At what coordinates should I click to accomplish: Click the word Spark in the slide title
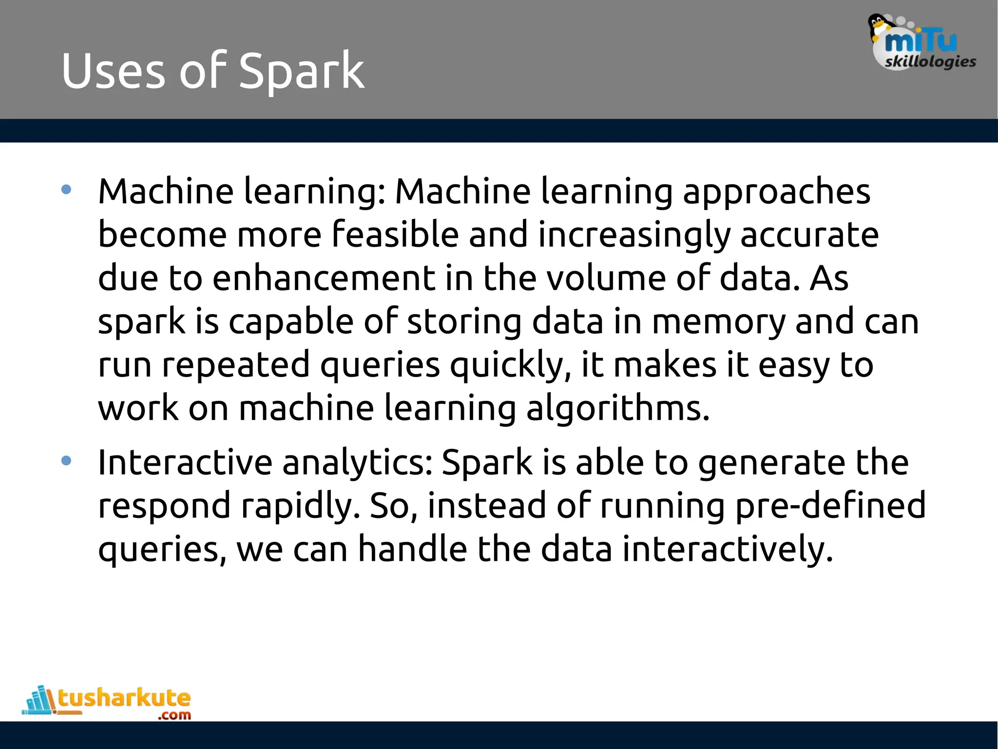301,72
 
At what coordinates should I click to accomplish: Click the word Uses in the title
113,72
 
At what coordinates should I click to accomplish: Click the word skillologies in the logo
930,62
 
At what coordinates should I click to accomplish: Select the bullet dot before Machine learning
67,190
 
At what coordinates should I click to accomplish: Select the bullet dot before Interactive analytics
67,460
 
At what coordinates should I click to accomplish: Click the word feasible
395,235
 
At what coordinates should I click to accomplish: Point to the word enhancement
324,278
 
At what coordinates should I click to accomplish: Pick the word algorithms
618,409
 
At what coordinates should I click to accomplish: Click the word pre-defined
830,506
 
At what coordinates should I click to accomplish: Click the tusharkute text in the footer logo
124,698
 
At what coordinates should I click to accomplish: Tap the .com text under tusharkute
174,715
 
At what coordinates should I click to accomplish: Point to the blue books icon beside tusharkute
39,701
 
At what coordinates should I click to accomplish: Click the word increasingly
634,235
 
